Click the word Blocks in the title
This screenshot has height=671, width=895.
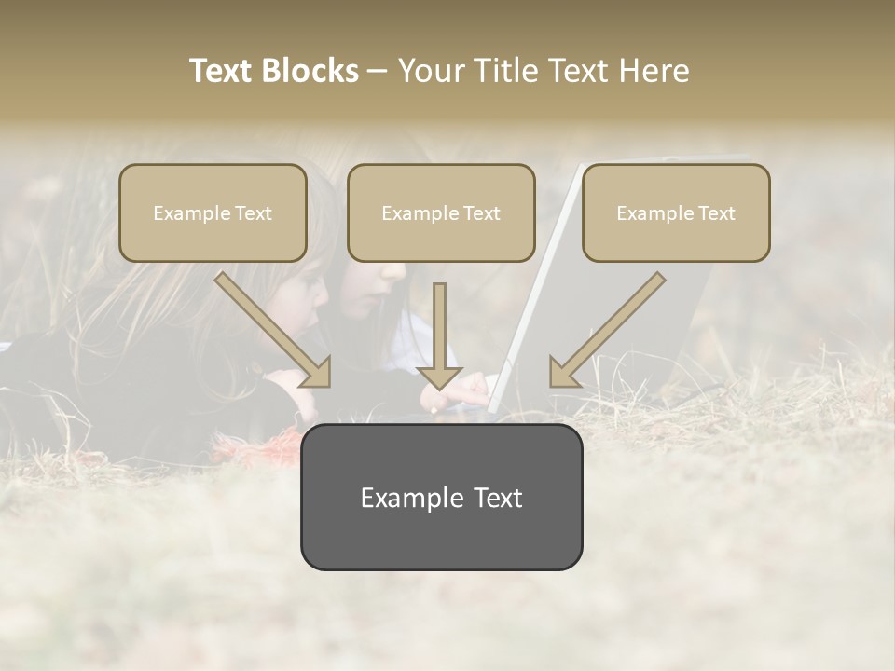pos(310,71)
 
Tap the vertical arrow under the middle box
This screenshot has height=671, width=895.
pos(439,335)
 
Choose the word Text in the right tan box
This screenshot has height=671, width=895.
pos(716,213)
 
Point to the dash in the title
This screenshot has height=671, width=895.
pos(378,71)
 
